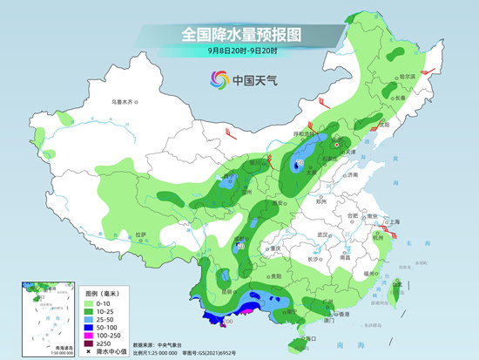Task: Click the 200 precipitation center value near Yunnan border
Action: [229, 322]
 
